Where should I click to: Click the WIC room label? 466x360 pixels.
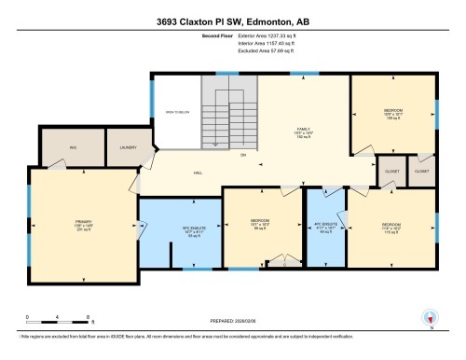coord(72,147)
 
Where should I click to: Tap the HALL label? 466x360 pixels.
coord(198,173)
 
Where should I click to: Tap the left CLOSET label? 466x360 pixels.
coord(389,172)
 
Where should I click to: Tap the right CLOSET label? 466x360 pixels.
coord(421,172)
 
